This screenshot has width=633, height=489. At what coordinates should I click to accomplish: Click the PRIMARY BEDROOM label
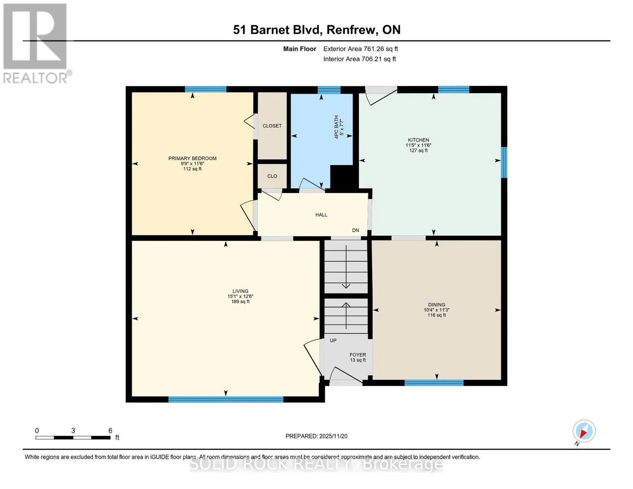192,159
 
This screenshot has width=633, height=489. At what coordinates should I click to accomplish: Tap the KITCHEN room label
418,140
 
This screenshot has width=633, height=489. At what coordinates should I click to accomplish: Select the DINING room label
437,305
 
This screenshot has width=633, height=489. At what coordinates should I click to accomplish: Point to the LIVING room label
240,291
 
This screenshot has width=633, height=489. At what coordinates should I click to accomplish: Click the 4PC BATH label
336,127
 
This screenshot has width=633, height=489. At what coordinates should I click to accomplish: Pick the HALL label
321,215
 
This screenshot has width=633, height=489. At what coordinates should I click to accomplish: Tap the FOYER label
358,355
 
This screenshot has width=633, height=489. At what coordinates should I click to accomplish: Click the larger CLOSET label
272,126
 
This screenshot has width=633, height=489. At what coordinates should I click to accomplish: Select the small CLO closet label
272,176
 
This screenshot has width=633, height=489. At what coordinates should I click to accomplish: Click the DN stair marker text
355,230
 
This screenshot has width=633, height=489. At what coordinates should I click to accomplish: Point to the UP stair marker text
333,340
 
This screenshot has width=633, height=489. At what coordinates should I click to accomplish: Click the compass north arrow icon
584,431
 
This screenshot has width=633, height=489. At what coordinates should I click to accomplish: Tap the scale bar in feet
73,438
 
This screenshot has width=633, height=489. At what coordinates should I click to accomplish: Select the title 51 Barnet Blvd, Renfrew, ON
317,30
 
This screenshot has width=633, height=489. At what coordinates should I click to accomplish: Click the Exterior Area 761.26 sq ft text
361,49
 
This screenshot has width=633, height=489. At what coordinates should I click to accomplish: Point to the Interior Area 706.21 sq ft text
360,59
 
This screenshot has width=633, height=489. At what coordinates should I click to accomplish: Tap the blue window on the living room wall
226,400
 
